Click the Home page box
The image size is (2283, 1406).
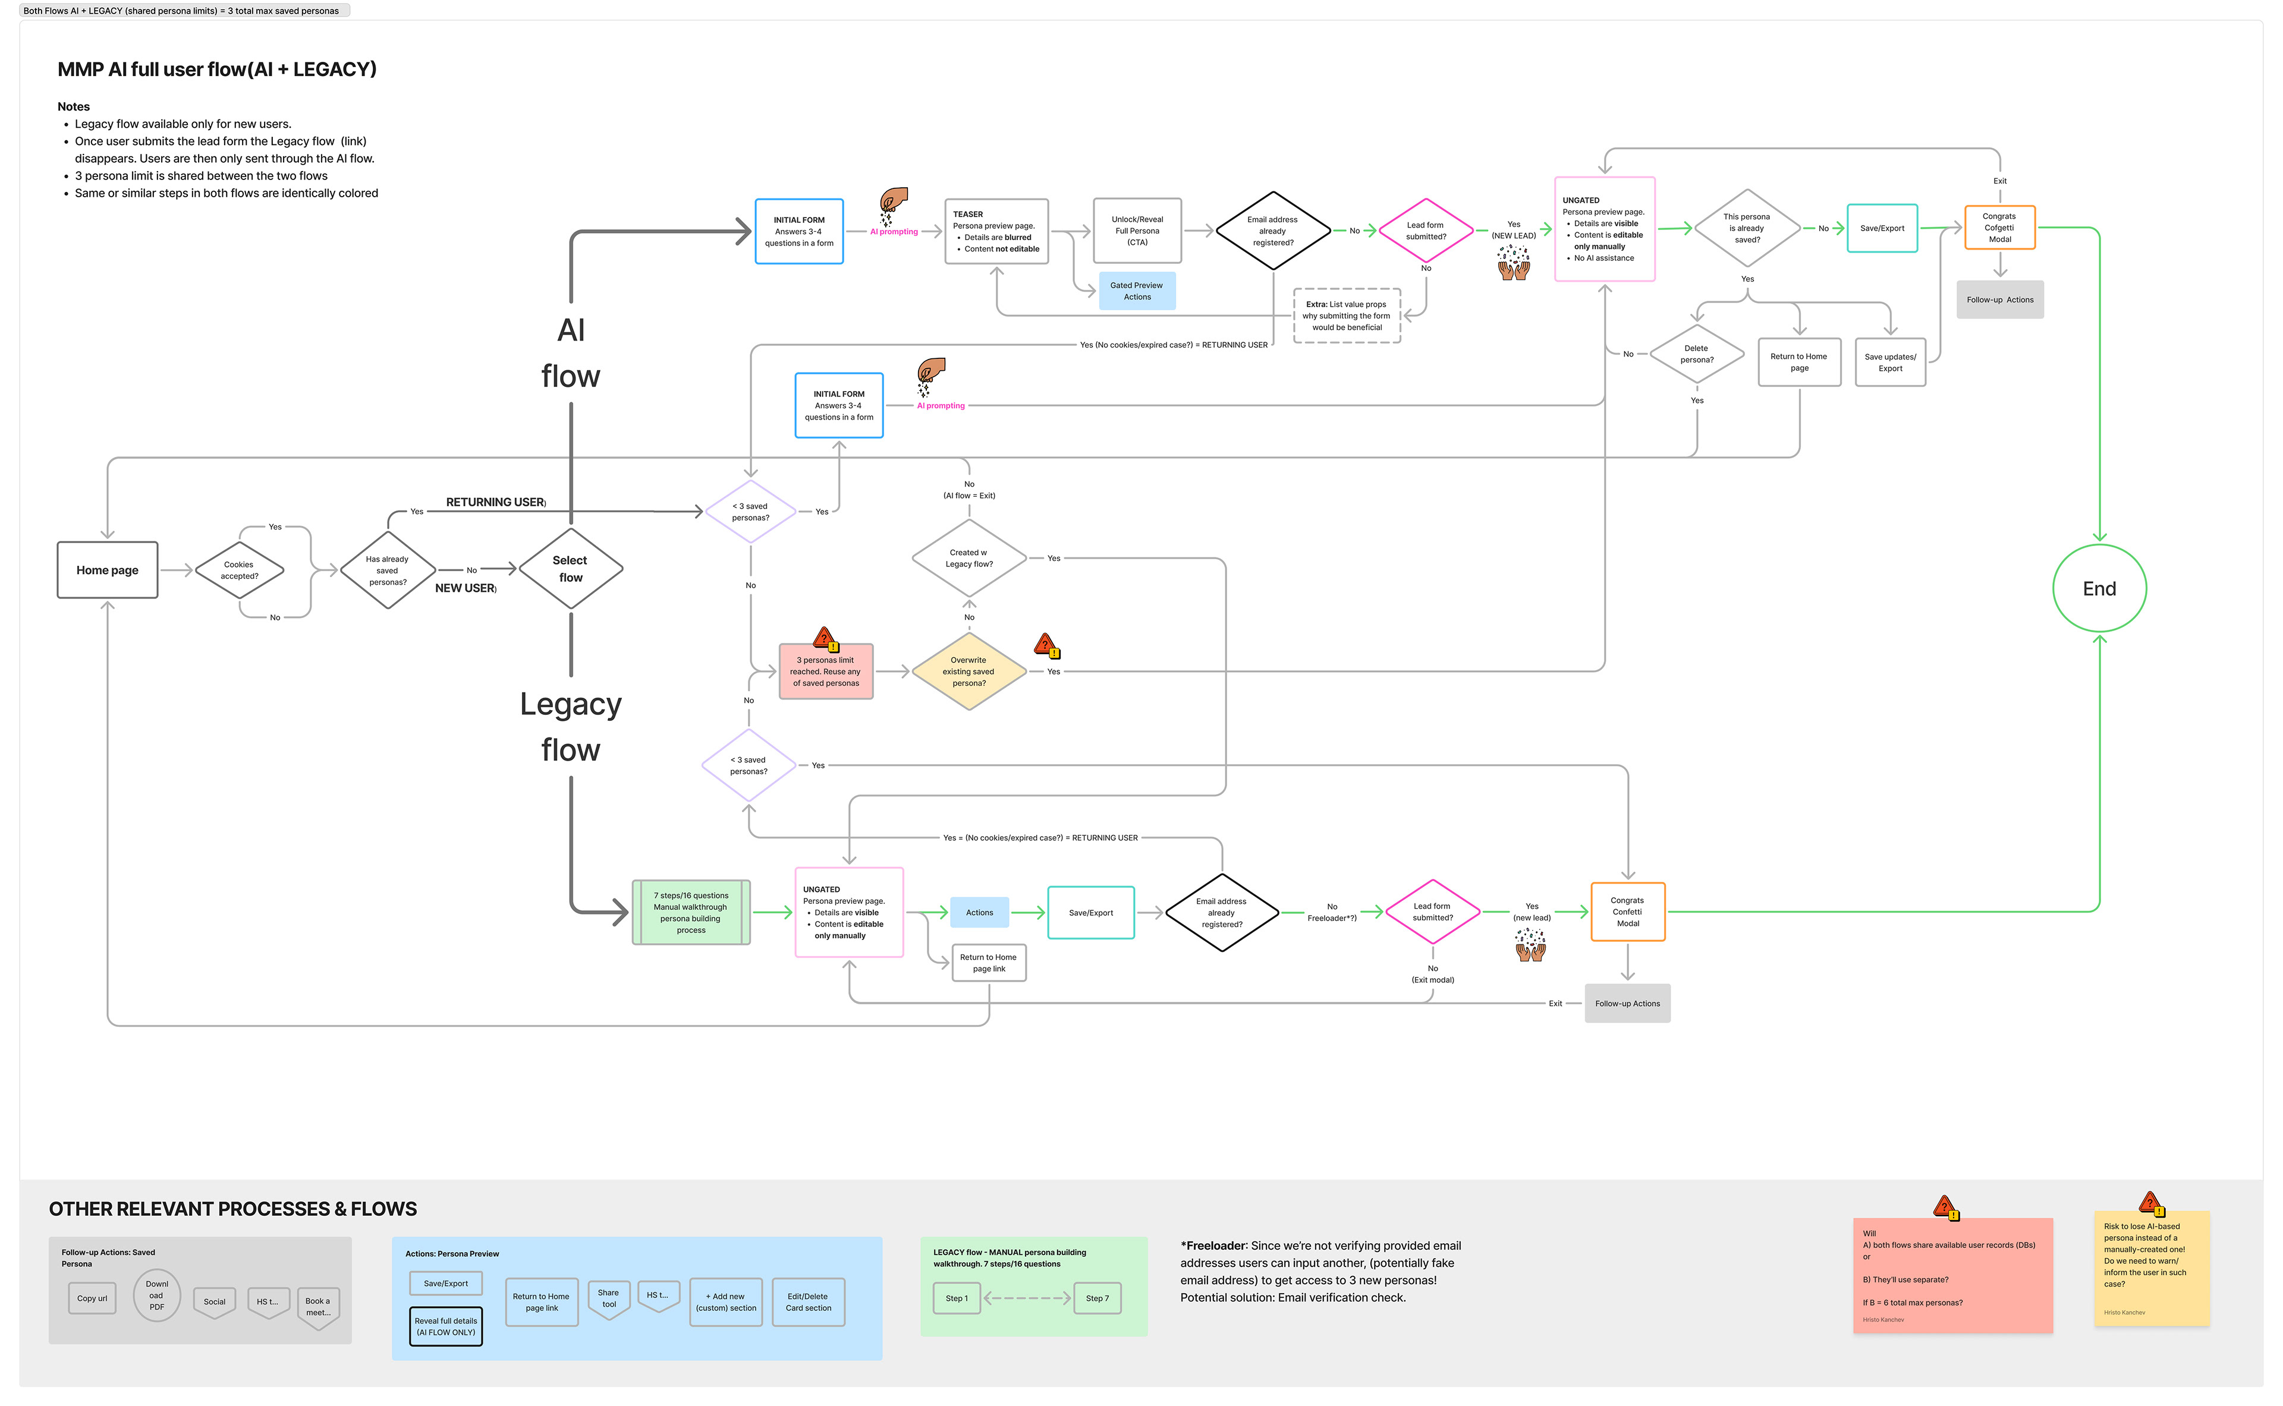[107, 570]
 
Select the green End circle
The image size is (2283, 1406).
[2099, 589]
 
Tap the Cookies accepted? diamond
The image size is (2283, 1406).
[239, 570]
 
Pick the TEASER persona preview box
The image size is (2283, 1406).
[995, 232]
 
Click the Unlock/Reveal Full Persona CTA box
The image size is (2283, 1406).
[1137, 231]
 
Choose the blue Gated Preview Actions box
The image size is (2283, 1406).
[1136, 291]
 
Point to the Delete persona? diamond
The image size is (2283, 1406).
[1696, 354]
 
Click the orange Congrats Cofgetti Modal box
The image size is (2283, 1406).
[1999, 228]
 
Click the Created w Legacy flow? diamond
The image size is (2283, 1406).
[968, 558]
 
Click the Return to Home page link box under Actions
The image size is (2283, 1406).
[988, 963]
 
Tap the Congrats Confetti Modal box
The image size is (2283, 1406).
[1627, 912]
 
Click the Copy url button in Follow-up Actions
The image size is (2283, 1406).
[92, 1298]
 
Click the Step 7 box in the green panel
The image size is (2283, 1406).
[1097, 1298]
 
